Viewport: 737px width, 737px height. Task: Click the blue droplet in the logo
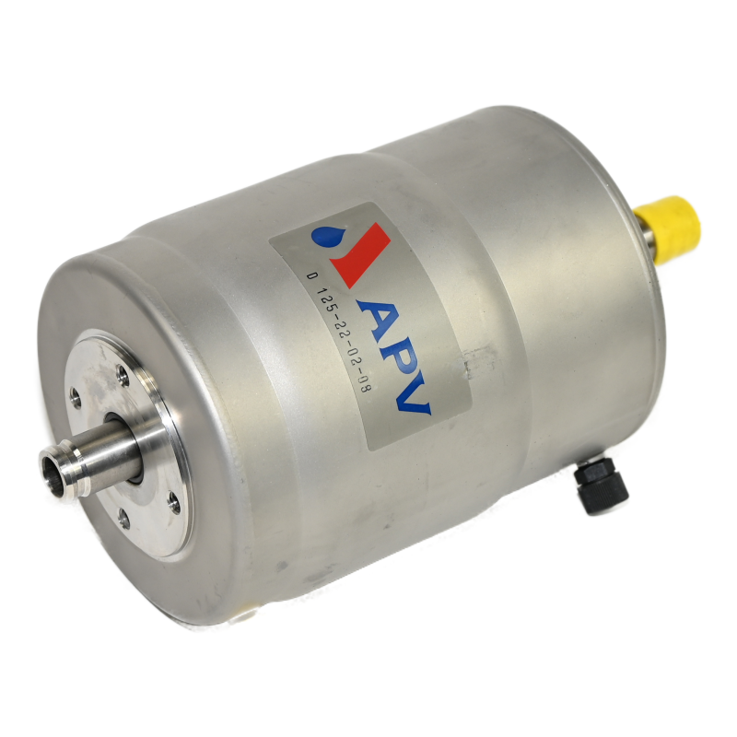[x=324, y=234]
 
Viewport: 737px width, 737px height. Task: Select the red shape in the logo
[x=360, y=254]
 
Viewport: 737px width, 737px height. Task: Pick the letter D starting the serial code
[x=310, y=277]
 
